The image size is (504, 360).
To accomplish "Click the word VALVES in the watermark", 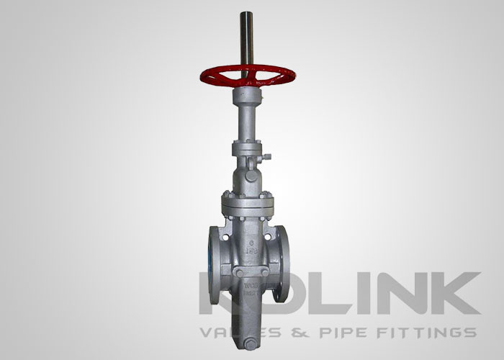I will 231,332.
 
